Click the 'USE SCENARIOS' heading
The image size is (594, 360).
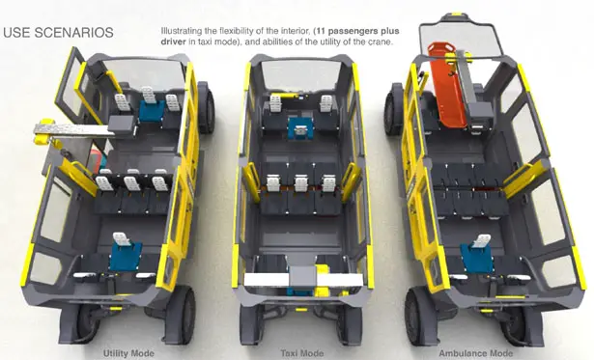(58, 33)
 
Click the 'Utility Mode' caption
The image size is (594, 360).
(129, 352)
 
